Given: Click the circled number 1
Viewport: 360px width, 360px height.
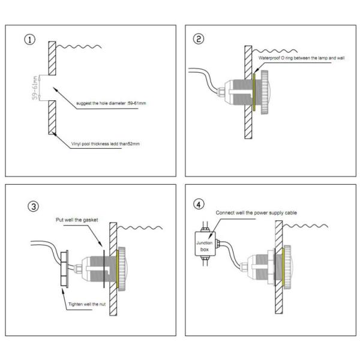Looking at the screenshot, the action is coord(30,40).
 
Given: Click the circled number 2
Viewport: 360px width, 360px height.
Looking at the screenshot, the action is coord(199,39).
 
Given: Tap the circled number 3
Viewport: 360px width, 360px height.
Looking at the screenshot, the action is coord(33,206).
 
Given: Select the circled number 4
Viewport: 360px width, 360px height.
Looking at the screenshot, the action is coord(199,205).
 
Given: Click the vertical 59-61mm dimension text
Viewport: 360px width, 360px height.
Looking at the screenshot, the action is coord(35,88).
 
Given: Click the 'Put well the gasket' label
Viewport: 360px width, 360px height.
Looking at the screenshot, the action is coord(77,220).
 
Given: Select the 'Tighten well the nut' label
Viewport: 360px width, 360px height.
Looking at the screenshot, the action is coord(87,304).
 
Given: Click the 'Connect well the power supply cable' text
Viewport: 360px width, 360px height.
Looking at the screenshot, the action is coord(256,213).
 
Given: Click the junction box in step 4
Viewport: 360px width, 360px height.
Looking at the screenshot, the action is coord(205,244).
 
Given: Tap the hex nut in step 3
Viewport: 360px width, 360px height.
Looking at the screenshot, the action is coord(64,269).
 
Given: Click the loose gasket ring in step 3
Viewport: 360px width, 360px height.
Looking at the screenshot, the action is coord(104,269).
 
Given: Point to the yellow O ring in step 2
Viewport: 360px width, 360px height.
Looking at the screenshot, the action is coord(254,92).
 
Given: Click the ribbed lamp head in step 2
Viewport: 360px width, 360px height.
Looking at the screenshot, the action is coord(265,92).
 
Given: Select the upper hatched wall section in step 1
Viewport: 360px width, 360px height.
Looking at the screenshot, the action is coord(52,58).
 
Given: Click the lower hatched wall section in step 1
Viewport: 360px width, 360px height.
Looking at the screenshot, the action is coord(52,118).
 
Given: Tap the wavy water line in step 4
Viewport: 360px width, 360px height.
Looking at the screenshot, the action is coord(305,226).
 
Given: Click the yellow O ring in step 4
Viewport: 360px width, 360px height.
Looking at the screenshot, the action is coord(283,266).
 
